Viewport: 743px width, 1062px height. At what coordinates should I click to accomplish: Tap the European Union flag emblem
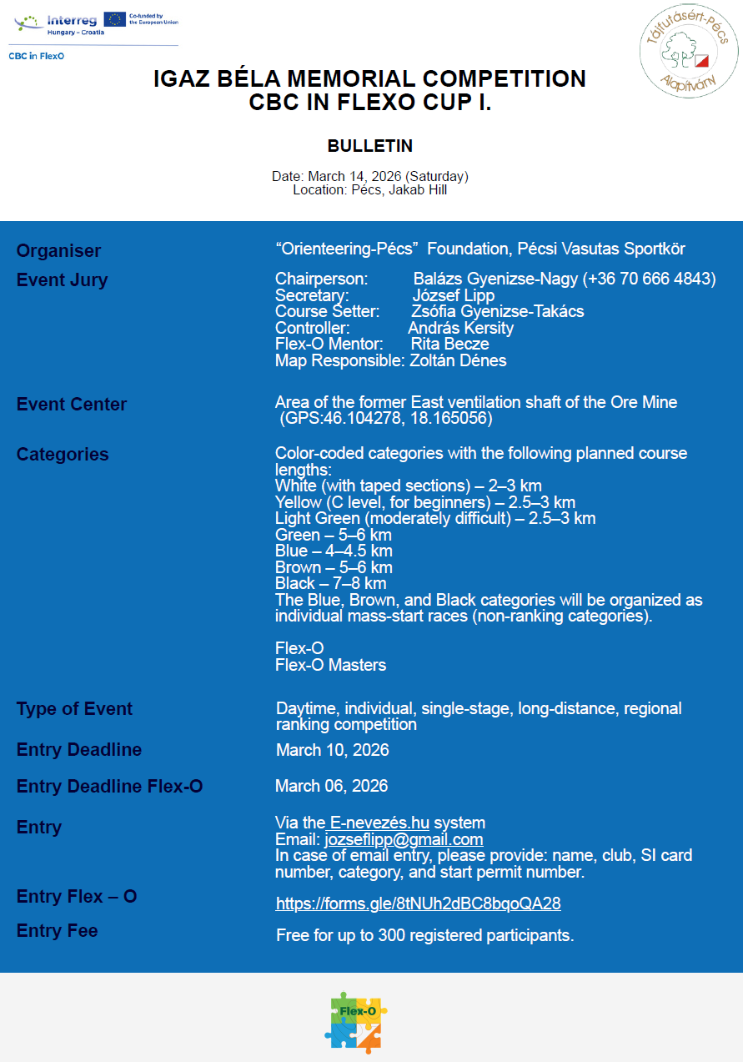point(115,19)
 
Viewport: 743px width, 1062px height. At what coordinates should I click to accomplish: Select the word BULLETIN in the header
point(370,146)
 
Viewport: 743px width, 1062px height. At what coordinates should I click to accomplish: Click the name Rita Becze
point(449,344)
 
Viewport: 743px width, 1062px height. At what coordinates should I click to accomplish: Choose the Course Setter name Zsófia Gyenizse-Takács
point(498,311)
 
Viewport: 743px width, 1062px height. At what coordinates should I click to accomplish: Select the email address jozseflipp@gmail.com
point(404,840)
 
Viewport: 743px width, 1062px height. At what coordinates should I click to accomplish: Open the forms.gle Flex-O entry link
point(418,903)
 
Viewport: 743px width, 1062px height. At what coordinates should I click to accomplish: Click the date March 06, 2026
point(332,786)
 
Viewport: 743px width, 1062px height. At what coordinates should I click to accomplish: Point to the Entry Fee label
point(57,931)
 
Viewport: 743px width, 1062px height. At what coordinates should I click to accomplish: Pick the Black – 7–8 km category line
point(330,583)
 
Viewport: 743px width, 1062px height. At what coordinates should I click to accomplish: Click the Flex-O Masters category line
point(330,665)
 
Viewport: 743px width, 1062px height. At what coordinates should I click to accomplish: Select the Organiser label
point(58,250)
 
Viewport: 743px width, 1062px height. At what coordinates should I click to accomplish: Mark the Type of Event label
point(74,709)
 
